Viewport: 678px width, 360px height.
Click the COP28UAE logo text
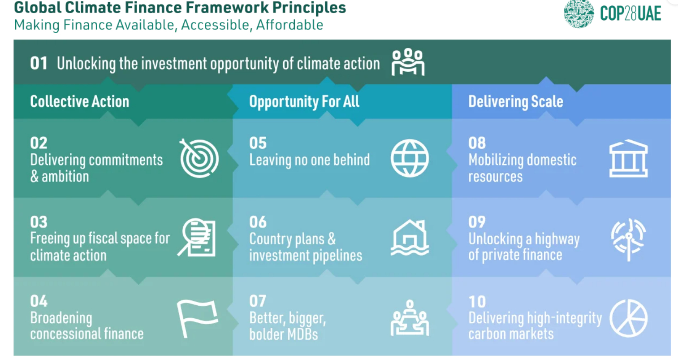(630, 13)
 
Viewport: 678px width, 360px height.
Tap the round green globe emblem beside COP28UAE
(579, 13)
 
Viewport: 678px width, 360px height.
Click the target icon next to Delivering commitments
(199, 158)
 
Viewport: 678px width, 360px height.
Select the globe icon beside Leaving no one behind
(410, 158)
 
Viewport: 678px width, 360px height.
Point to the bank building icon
(628, 158)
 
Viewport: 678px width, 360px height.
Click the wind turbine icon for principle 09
(629, 239)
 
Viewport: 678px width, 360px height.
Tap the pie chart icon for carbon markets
(629, 318)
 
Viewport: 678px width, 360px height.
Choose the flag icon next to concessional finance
(197, 318)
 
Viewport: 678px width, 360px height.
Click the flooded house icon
(410, 238)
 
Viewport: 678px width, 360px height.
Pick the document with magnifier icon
(197, 238)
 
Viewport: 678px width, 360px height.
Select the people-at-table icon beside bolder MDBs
(410, 318)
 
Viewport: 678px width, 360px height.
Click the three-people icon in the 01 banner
(408, 62)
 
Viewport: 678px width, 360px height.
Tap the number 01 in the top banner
(39, 63)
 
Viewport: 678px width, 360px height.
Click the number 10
(477, 302)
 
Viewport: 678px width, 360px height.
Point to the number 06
(258, 222)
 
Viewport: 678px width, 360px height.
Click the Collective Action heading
(80, 101)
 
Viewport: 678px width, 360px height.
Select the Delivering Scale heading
(516, 101)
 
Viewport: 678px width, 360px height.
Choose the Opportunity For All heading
(304, 101)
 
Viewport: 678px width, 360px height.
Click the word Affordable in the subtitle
(289, 25)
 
